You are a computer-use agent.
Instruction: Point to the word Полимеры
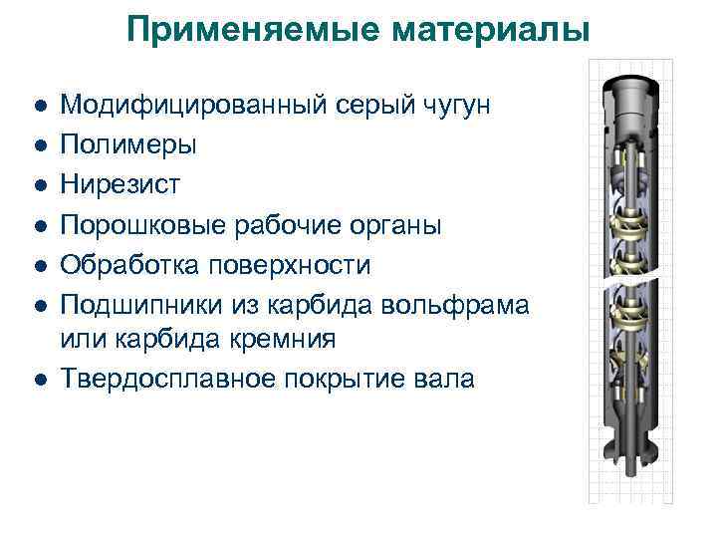[128, 145]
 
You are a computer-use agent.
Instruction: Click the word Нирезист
[121, 184]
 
